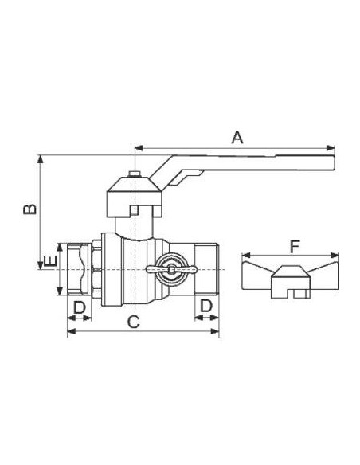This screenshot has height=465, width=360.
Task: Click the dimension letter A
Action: tap(237, 138)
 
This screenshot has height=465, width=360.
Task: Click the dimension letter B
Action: tap(30, 209)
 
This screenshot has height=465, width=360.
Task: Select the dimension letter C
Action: tap(134, 322)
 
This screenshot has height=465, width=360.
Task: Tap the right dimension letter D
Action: tap(206, 306)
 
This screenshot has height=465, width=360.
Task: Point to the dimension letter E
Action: tap(50, 261)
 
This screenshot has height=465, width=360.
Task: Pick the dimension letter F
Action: tap(295, 247)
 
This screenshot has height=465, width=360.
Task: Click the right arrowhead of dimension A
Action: tap(331, 148)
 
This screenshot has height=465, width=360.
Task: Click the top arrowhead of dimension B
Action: tap(41, 159)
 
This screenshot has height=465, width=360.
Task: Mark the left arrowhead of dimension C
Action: tap(72, 331)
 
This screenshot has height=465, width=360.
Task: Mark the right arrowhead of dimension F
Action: tap(335, 255)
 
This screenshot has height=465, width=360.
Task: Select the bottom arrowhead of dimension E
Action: tap(60, 291)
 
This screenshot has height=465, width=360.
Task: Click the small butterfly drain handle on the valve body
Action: tap(171, 269)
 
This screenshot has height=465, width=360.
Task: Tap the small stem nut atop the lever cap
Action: tap(135, 174)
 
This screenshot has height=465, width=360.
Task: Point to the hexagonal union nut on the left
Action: tap(96, 269)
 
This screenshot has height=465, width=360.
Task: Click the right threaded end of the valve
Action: tap(207, 269)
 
